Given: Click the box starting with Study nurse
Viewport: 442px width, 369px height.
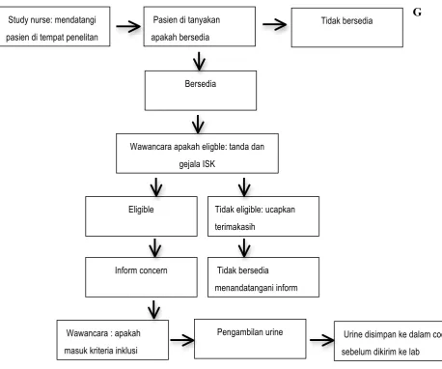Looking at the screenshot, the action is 55,26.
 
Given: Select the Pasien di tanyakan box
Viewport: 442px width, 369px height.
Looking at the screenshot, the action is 200,26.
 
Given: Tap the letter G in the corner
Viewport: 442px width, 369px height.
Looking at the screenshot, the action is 417,13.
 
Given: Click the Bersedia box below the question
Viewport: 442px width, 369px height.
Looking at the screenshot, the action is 201,91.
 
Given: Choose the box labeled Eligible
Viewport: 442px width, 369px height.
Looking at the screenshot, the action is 141,216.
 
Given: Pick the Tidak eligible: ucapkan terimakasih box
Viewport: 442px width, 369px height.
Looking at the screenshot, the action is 263,216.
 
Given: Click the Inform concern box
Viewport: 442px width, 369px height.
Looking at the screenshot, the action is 141,277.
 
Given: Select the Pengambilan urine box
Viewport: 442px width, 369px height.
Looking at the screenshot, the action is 250,339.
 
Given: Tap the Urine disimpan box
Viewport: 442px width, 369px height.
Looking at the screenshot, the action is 388,341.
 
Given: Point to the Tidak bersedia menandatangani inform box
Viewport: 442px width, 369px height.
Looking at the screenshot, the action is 263,277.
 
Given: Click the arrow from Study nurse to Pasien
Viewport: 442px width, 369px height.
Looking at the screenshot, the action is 128,26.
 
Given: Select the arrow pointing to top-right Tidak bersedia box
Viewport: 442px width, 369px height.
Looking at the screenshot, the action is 274,24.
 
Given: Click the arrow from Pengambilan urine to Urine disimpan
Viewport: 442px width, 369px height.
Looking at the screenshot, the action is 322,340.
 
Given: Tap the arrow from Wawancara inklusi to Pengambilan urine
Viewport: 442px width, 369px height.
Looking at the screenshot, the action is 182,340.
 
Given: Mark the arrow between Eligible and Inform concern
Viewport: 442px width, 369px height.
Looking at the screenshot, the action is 155,248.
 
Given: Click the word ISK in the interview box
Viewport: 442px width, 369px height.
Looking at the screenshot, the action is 208,164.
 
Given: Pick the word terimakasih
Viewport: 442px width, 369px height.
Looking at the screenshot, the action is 235,227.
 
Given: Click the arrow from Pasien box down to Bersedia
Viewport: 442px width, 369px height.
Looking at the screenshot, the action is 199,61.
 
